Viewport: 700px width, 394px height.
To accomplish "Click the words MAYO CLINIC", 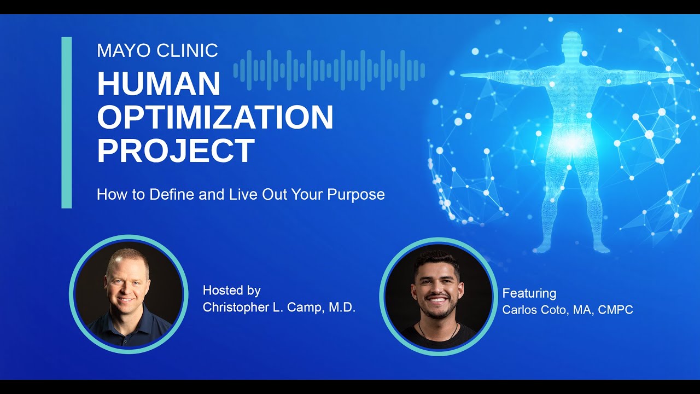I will coord(157,51).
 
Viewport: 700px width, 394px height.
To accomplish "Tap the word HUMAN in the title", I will coord(159,84).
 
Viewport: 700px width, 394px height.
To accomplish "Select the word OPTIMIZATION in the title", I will coord(215,117).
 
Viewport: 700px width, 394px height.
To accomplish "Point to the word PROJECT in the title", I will coord(176,150).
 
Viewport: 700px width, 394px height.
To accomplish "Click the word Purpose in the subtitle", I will coord(356,194).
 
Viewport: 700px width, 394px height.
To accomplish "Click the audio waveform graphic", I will coord(329,70).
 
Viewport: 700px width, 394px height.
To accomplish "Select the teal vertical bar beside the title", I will coord(67,123).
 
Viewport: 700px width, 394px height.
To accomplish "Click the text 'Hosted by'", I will coord(231,291).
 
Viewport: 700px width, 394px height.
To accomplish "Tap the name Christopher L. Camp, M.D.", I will coord(279,308).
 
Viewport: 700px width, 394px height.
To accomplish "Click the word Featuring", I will coord(529,293).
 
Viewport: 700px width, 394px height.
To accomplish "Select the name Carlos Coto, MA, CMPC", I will coord(568,310).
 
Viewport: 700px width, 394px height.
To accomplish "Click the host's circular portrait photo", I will coord(129,294).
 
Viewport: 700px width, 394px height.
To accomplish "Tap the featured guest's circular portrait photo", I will coord(438,296).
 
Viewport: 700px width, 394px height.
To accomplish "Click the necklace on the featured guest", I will coord(438,331).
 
